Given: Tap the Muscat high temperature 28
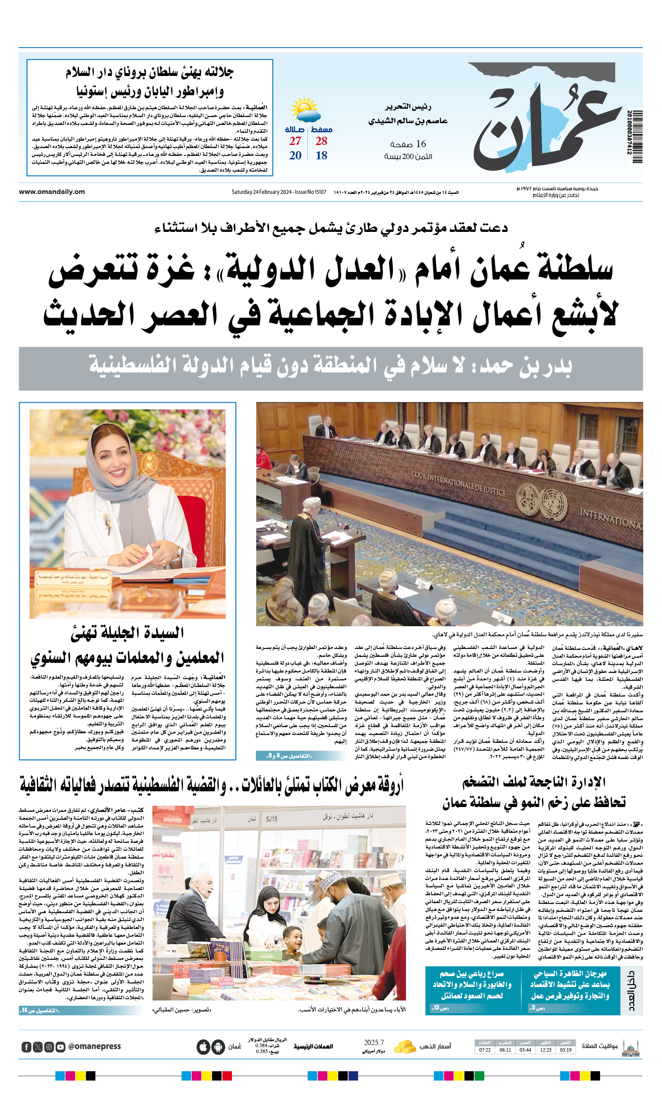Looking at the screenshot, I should [321, 141].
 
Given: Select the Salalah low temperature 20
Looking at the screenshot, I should [295, 155].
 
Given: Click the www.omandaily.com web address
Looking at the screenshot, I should [52, 192].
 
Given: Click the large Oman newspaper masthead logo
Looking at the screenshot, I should [548, 120].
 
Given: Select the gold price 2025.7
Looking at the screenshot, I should [373, 1043].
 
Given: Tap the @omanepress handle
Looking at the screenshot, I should [94, 1046].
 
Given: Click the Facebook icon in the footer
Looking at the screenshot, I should [26, 1047].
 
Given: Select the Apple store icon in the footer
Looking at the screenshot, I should [203, 1047].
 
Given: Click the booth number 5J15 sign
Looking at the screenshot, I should [272, 819].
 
